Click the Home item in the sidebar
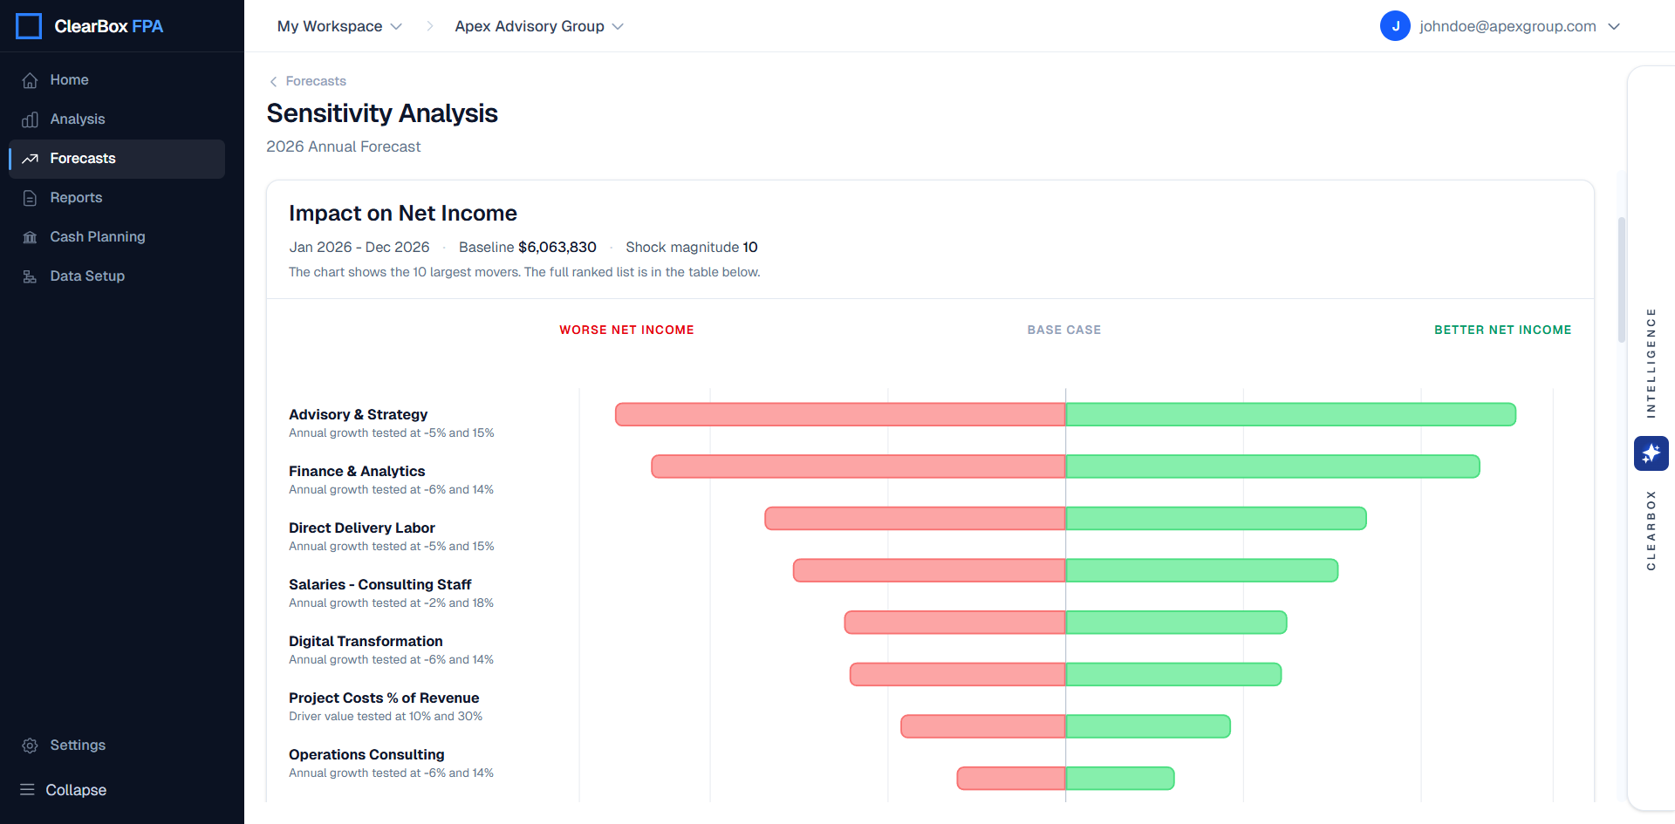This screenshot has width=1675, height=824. pos(69,80)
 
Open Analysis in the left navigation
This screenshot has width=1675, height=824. pos(77,119)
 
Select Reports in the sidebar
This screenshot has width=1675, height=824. pos(76,198)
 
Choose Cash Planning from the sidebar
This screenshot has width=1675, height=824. pos(97,237)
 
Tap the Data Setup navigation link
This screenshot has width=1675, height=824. pos(86,276)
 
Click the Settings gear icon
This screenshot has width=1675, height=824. pos(30,746)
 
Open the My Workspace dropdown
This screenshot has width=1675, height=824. pos(339,26)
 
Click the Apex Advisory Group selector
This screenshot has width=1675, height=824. pos(538,26)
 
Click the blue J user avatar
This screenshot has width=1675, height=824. pos(1394,26)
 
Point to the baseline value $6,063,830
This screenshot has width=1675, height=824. pos(557,248)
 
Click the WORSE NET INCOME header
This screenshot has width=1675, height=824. pos(626,330)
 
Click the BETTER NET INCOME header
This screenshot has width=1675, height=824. pos(1502,330)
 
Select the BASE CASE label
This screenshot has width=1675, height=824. pos(1063,330)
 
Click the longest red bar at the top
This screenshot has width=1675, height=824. pos(839,414)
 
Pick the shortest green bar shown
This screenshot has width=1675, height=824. pos(1119,778)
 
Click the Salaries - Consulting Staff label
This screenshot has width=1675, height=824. pos(379,584)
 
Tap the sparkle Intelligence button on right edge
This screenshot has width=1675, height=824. pos(1651,453)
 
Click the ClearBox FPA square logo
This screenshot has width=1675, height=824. pos(29,26)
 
